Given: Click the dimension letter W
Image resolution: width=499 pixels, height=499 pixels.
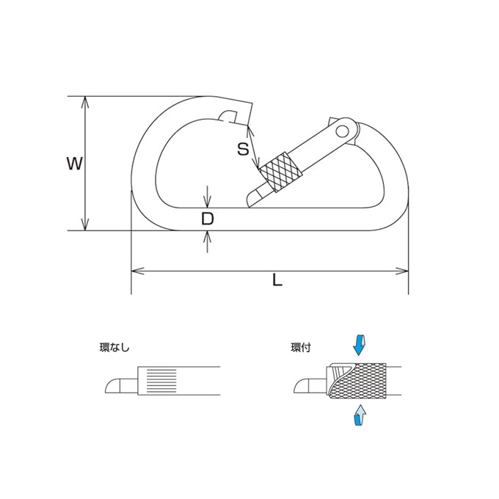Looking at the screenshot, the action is point(74,164).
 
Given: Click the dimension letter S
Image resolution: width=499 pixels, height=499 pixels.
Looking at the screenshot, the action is point(243,149).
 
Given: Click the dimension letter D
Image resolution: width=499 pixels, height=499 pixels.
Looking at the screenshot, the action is point(208,219).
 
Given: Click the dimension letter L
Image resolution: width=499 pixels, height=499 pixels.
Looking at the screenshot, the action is point(277,280).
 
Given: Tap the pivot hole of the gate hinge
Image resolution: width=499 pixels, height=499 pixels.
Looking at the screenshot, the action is point(343,131).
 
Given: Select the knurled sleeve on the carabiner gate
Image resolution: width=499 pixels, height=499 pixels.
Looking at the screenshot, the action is point(280,172).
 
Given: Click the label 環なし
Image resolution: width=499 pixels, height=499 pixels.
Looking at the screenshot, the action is point(114,347).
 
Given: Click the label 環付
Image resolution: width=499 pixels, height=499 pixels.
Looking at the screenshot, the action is point(300,348).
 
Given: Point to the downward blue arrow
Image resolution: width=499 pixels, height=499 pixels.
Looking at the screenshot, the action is point(359,345).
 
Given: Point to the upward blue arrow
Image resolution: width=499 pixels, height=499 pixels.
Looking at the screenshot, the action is point(360,415).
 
